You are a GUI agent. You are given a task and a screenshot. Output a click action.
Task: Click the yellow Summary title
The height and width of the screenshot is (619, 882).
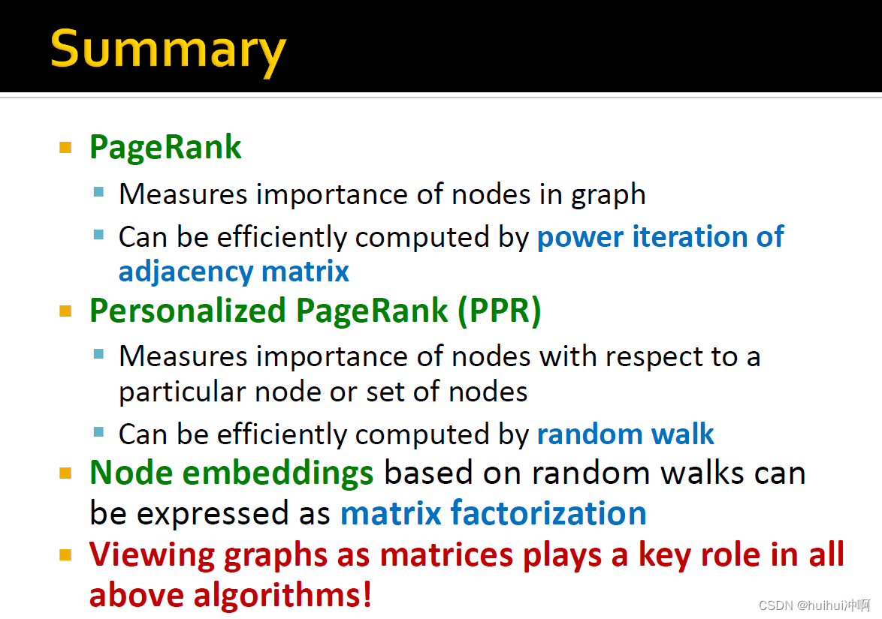point(168,50)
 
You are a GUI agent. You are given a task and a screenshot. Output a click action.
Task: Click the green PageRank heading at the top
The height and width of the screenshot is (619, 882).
point(165,147)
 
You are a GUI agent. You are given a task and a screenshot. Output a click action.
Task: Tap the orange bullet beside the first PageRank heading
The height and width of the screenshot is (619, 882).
point(65,147)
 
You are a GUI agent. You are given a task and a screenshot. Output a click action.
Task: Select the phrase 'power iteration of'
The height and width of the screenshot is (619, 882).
point(660,237)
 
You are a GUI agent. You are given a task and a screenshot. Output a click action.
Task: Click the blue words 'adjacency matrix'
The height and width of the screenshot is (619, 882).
point(234,271)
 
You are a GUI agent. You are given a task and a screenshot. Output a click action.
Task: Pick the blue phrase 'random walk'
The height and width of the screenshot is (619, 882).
point(625,434)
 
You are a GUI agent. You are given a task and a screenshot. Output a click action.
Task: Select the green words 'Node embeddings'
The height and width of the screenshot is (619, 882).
point(231,473)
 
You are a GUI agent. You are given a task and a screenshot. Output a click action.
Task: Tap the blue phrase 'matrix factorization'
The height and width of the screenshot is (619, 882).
point(493,513)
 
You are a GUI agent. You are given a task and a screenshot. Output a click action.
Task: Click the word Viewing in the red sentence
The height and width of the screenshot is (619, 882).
point(142,554)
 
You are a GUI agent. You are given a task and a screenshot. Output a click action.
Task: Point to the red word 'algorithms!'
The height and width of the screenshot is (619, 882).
point(283,595)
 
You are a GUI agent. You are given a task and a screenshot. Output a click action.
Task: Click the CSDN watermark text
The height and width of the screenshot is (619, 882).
point(814,605)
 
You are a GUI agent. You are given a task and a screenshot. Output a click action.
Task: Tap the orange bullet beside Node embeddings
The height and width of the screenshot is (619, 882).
point(65,473)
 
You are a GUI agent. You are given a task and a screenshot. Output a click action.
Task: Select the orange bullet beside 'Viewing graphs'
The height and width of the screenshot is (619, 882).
point(65,555)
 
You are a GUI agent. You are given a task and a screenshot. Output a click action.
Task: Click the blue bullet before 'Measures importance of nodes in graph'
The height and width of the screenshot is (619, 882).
point(99,192)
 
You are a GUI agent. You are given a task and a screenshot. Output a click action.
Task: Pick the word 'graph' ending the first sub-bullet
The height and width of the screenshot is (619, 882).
point(609,194)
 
